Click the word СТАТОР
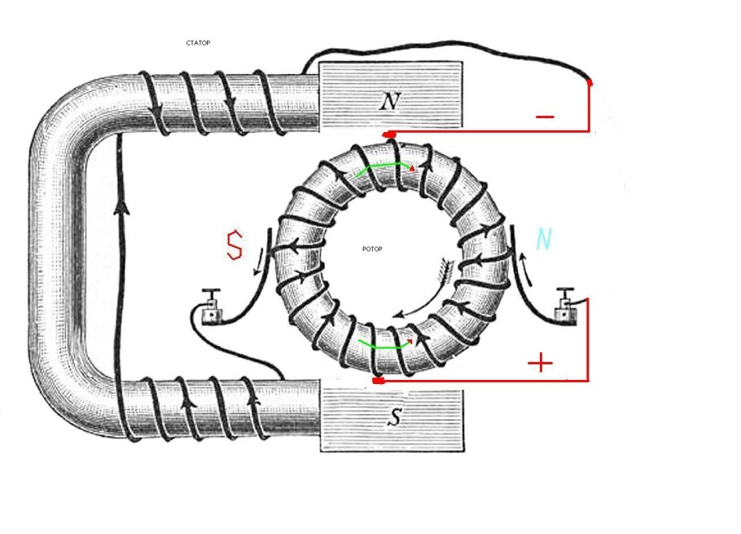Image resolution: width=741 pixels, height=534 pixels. [198, 43]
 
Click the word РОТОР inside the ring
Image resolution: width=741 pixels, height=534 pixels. [372, 249]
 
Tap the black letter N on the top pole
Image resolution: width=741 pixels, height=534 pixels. [390, 101]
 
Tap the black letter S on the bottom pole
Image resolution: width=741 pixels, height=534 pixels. [393, 417]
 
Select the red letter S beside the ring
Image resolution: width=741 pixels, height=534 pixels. [235, 245]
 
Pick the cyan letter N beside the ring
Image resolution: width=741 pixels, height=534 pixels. [544, 239]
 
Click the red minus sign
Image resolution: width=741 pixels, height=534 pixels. [545, 117]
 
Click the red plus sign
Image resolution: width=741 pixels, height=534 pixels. [540, 364]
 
